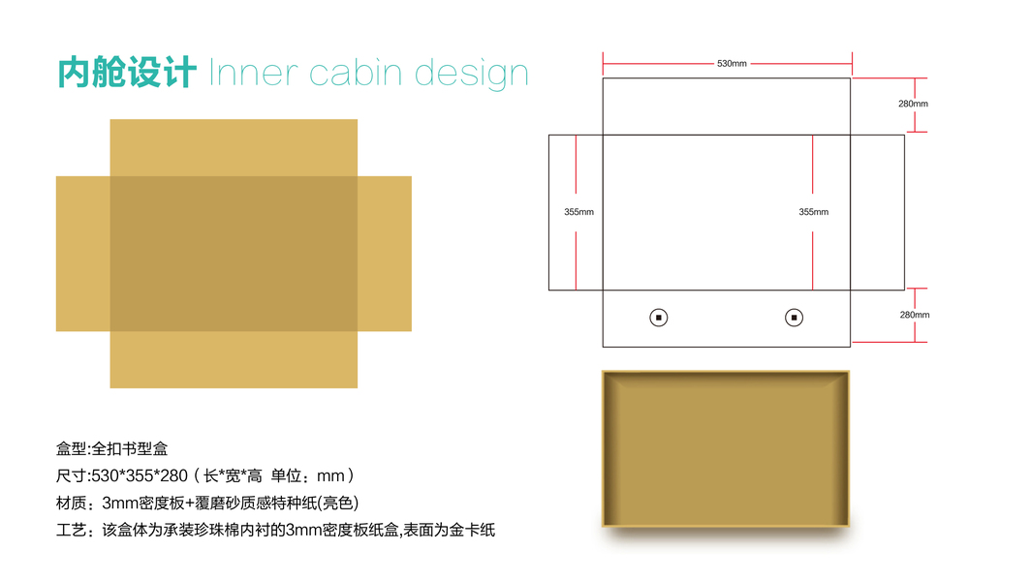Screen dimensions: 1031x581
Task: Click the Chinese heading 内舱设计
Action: tap(127, 73)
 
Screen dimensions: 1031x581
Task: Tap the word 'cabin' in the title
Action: tap(355, 73)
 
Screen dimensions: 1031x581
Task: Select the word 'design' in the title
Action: tap(472, 74)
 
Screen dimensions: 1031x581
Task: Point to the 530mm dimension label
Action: tap(732, 64)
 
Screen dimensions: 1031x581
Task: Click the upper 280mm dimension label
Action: tap(913, 104)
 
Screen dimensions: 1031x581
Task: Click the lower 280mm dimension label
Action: tap(914, 315)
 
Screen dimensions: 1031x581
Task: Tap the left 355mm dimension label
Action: tap(578, 211)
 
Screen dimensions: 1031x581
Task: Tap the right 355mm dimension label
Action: tap(813, 211)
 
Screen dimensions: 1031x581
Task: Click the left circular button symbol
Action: tap(658, 317)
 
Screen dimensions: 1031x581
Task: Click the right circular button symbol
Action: tap(794, 317)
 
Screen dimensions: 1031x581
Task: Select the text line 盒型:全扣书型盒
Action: tap(112, 448)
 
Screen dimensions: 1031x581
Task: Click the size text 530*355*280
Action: tap(138, 475)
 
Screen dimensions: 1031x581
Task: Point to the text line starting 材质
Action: tap(207, 503)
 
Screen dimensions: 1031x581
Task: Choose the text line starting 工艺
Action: tap(275, 530)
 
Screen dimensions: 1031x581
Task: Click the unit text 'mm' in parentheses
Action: tap(330, 475)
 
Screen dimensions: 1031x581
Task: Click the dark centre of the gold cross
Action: tap(234, 254)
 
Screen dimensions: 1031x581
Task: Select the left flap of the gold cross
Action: tap(82, 254)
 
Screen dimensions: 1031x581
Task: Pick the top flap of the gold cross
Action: tap(234, 147)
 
